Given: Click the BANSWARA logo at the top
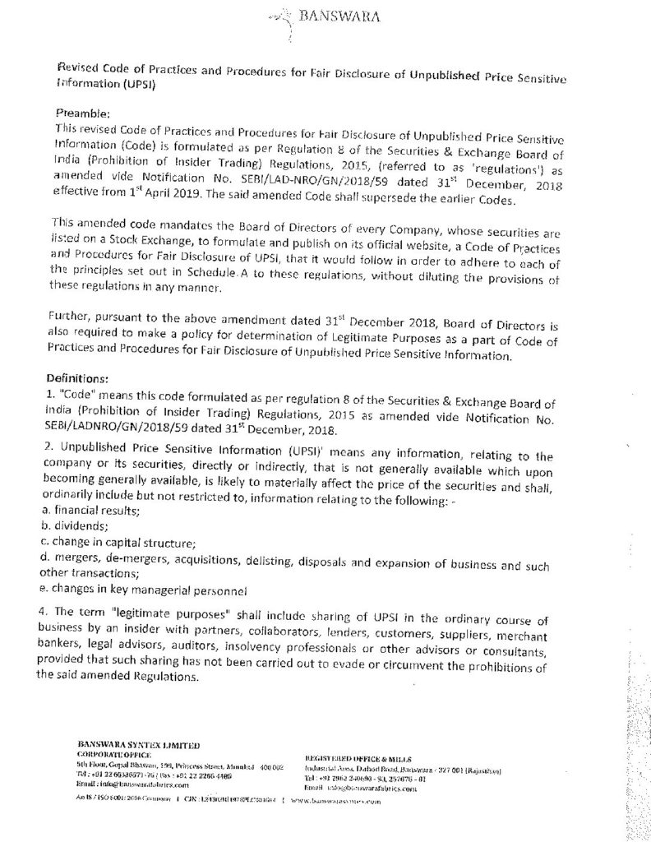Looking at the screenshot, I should pos(325,16).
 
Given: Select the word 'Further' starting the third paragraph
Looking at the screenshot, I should pos(72,317).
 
